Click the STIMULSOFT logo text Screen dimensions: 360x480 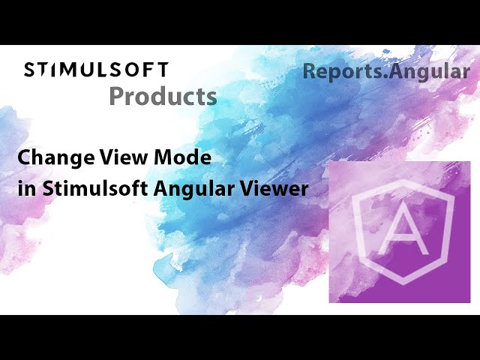pos(96,70)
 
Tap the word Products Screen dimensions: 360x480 pos(163,96)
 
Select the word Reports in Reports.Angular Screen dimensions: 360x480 pos(335,72)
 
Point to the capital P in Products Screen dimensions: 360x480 pos(116,96)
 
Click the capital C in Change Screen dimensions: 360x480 pos(23,158)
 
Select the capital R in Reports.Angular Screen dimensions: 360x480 pos(309,72)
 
